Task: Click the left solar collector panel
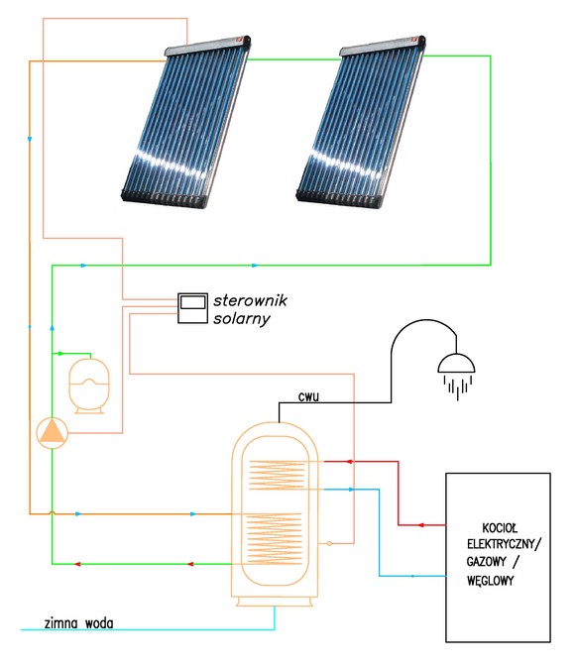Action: click(186, 122)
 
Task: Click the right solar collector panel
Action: click(361, 122)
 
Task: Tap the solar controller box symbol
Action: click(192, 308)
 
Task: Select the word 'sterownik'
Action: click(250, 300)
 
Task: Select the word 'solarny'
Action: click(242, 318)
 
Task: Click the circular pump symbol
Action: click(53, 433)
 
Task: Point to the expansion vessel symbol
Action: click(89, 386)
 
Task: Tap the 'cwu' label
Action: click(308, 396)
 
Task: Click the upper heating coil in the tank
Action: click(278, 475)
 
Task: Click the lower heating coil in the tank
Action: click(275, 539)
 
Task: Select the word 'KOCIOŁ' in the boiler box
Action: click(500, 528)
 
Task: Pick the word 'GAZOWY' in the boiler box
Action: click(487, 562)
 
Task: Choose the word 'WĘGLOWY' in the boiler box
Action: click(491, 580)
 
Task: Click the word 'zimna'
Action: click(61, 623)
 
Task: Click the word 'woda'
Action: click(99, 623)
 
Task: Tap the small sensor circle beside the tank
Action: click(329, 543)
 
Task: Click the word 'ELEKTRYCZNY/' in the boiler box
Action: click(504, 544)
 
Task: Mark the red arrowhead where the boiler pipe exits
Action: click(420, 525)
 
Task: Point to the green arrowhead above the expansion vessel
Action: click(60, 353)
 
